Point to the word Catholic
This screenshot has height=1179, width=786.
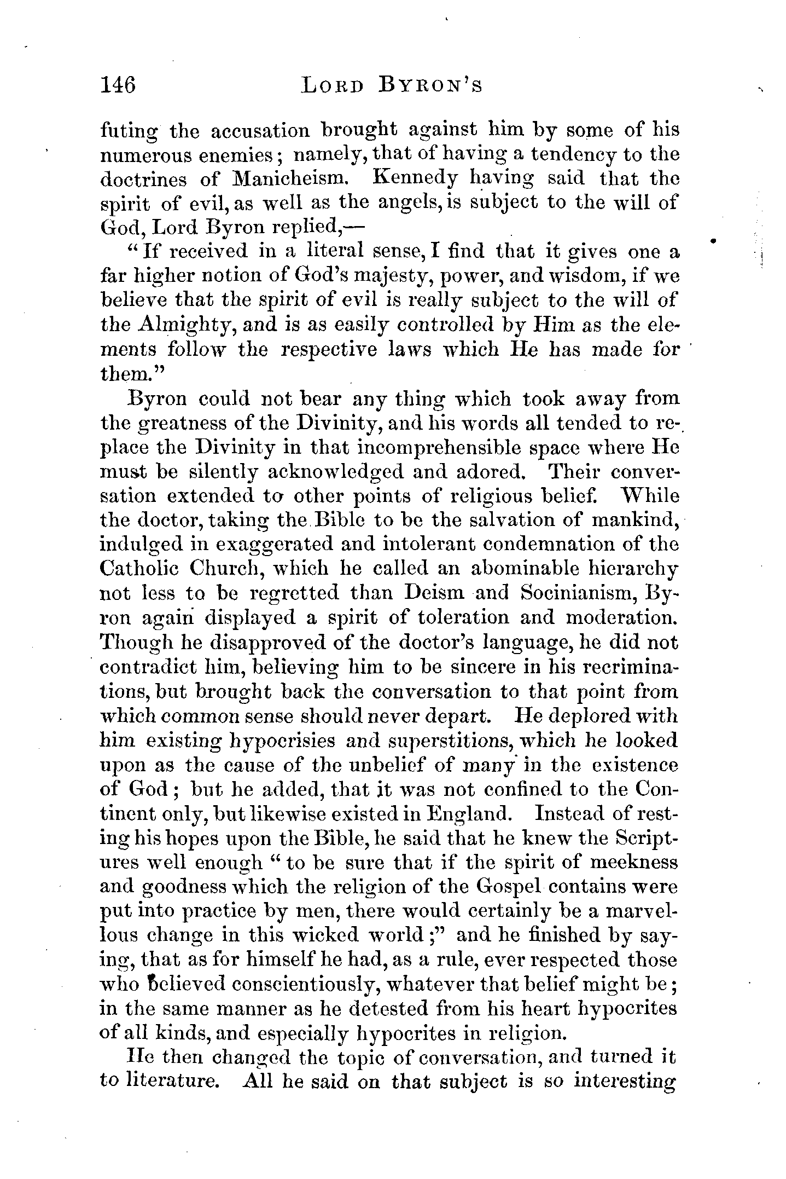tap(139, 569)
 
